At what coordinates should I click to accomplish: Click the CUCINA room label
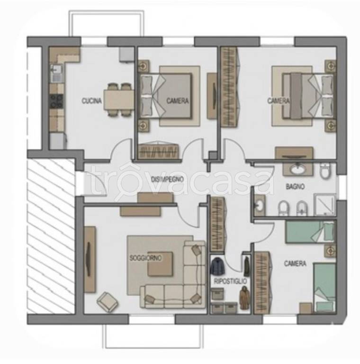[x=91, y=101]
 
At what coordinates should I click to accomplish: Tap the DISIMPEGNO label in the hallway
[x=168, y=179]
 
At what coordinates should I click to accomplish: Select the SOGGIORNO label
[x=145, y=258]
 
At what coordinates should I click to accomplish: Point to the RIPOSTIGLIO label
[x=230, y=282]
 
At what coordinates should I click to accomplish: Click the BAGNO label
[x=295, y=186]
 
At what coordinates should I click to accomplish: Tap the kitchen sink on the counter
[x=55, y=69]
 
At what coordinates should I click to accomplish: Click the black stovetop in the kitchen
[x=56, y=101]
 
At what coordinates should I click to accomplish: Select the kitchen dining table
[x=119, y=100]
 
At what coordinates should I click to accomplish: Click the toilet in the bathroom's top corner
[x=325, y=171]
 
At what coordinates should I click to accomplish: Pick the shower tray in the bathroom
[x=324, y=204]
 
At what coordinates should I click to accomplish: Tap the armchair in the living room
[x=107, y=301]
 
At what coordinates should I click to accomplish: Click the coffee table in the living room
[x=160, y=264]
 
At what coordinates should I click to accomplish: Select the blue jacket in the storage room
[x=217, y=265]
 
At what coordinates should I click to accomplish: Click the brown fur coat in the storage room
[x=245, y=298]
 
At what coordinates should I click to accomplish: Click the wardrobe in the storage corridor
[x=217, y=224]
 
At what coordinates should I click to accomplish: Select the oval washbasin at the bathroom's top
[x=298, y=169]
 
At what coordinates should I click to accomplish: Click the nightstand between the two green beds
[x=330, y=251]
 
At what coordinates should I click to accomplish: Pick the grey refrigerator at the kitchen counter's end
[x=57, y=141]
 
